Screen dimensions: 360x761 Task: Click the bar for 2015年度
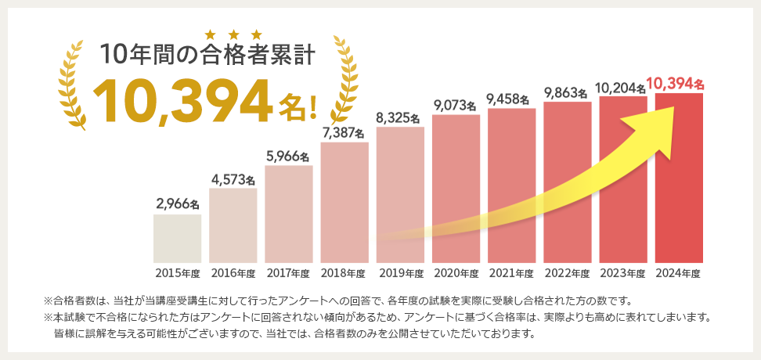(x=177, y=238)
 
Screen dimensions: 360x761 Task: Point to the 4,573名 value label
(x=233, y=178)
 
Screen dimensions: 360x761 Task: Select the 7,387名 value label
(x=344, y=132)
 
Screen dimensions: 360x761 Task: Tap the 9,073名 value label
(x=456, y=105)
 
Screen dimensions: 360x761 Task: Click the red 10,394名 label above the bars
(x=676, y=83)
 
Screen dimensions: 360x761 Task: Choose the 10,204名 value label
(x=623, y=87)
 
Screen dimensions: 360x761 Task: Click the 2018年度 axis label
(x=344, y=273)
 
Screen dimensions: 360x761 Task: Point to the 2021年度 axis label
(x=511, y=273)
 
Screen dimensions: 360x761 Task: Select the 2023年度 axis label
(x=623, y=273)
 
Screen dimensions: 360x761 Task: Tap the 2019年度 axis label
(x=400, y=273)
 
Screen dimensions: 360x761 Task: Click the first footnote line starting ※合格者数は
(x=337, y=301)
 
